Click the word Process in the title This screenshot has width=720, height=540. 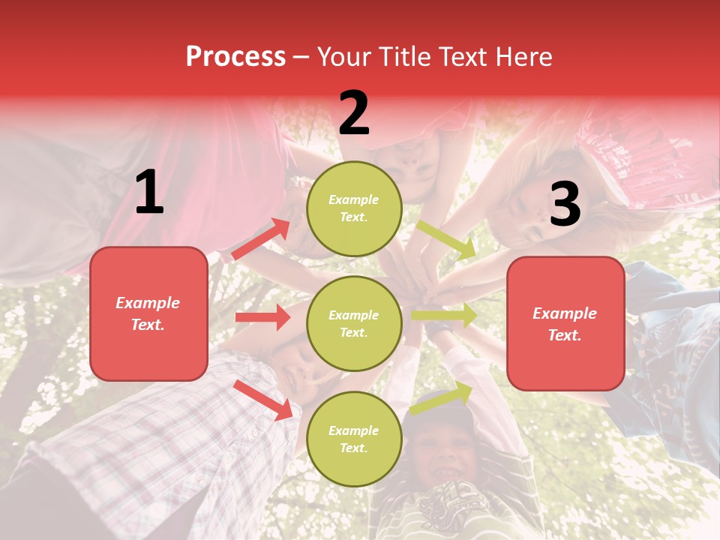click(x=235, y=56)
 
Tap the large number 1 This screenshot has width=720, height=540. click(x=149, y=193)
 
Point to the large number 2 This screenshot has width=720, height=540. click(x=354, y=113)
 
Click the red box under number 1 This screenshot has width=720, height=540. click(x=148, y=313)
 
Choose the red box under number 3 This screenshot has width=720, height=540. click(x=565, y=324)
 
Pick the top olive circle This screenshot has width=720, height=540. click(x=354, y=208)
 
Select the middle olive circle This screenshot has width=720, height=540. click(x=354, y=323)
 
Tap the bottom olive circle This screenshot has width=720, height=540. click(x=354, y=439)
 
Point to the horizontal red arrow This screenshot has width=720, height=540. click(x=262, y=317)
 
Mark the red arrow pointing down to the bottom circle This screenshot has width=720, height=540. click(x=263, y=399)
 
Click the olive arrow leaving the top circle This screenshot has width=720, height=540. click(x=447, y=240)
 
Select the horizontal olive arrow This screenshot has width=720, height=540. click(x=444, y=316)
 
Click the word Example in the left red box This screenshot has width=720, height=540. click(x=148, y=303)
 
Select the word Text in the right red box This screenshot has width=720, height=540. click(x=565, y=335)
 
